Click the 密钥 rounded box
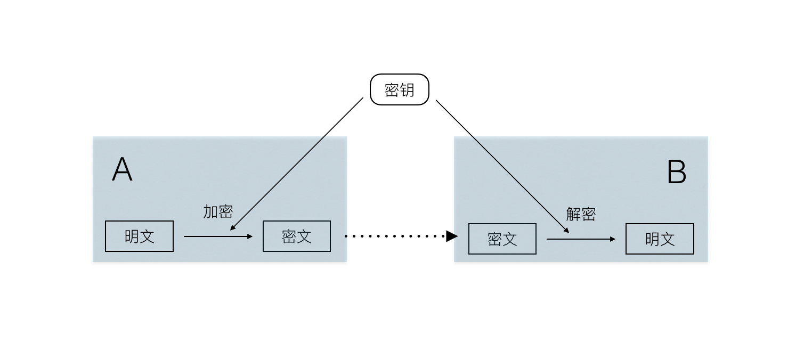coord(400,89)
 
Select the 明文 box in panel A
coord(139,236)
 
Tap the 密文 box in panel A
coord(296,236)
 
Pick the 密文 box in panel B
coord(502,239)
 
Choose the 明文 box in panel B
coord(660,239)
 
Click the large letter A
coord(122,170)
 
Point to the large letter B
coord(677,173)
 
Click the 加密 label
coord(218,211)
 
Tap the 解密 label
coord(581,214)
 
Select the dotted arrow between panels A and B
coord(394,236)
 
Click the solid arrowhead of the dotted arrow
coord(452,236)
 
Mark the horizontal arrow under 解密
coord(580,239)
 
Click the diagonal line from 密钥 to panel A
coord(297,163)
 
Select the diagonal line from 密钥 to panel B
coord(502,166)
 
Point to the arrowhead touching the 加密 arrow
coord(232,228)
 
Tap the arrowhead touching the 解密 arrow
coord(566,230)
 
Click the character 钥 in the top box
coord(407,90)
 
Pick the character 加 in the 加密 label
coord(210,211)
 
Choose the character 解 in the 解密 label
coord(573,214)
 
